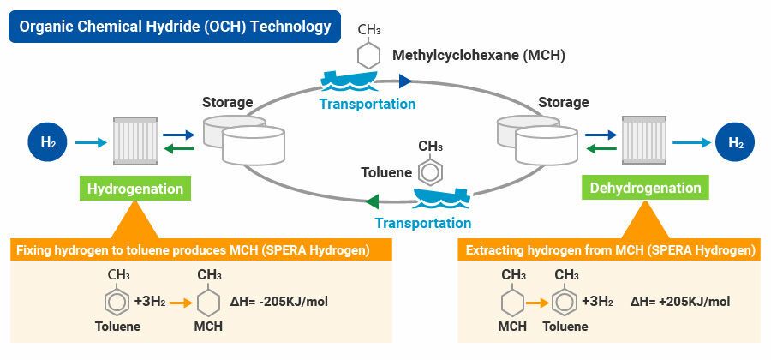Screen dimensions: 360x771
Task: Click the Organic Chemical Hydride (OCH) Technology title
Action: [175, 27]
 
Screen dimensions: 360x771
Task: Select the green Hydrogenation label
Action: [135, 188]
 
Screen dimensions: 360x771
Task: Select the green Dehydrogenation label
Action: [646, 188]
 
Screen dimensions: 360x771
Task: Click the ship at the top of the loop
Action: [352, 81]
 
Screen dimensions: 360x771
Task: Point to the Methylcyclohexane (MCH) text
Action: [478, 56]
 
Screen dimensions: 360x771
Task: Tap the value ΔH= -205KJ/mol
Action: [280, 302]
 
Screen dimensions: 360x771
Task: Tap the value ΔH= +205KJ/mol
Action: [680, 302]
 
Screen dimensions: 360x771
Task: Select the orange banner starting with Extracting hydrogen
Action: [610, 250]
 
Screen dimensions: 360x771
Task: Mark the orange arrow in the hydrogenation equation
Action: [178, 302]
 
